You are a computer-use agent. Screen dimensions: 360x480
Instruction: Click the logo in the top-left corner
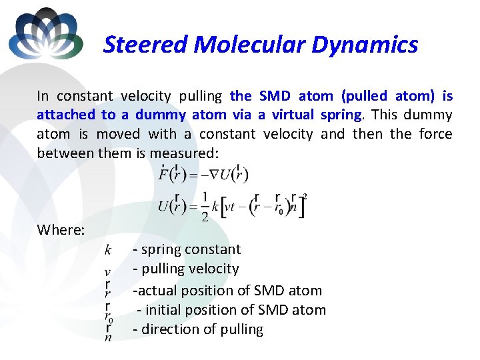point(46,33)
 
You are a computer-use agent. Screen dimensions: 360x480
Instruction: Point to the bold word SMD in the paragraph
point(275,96)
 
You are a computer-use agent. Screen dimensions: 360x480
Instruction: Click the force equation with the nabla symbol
point(203,175)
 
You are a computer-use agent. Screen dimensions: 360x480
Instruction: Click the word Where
point(61,230)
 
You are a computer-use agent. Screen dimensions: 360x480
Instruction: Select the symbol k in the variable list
point(108,250)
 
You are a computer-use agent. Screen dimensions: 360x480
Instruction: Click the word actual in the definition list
point(157,291)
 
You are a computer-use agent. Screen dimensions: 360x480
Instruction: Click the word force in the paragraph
point(435,134)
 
